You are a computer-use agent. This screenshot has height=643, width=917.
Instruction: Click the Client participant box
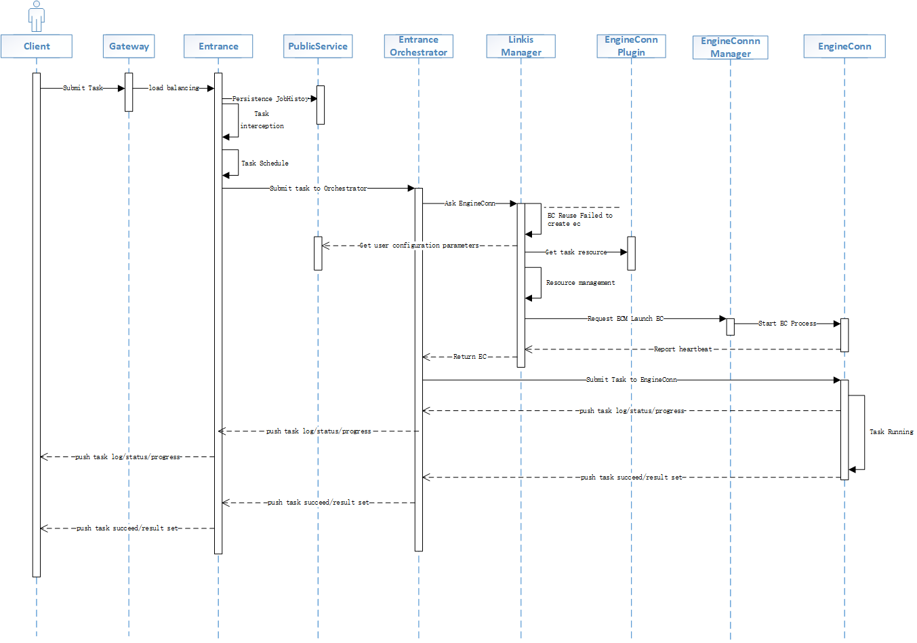(x=37, y=46)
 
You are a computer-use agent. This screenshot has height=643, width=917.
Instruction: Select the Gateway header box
(x=129, y=46)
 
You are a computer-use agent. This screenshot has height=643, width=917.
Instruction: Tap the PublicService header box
(x=318, y=46)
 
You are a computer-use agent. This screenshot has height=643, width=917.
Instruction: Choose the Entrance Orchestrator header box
(x=418, y=46)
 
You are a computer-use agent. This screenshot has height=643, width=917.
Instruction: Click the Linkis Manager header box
(x=521, y=46)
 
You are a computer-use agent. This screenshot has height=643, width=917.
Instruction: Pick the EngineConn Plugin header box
(x=631, y=46)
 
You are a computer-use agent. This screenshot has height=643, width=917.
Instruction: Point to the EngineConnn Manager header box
(x=730, y=47)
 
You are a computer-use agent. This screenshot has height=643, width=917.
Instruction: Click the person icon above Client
(x=37, y=16)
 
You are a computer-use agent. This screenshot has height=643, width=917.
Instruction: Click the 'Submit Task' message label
(x=83, y=88)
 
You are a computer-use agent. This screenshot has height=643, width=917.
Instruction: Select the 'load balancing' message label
(x=174, y=88)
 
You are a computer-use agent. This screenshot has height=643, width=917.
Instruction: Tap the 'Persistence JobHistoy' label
(x=270, y=99)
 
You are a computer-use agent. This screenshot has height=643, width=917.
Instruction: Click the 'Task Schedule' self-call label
(x=265, y=163)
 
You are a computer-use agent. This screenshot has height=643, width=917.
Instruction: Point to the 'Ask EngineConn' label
(x=470, y=203)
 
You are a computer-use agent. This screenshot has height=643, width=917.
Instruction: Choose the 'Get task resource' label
(x=576, y=252)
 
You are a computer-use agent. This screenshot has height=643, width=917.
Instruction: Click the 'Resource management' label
(x=581, y=283)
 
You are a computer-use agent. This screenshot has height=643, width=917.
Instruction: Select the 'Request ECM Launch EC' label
(x=625, y=319)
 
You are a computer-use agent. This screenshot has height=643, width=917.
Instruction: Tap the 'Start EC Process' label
(x=787, y=324)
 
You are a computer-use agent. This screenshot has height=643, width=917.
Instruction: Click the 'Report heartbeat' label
(x=682, y=349)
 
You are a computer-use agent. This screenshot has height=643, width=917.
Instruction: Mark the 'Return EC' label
(x=470, y=357)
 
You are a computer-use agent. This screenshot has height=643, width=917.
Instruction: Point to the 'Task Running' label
(x=891, y=432)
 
